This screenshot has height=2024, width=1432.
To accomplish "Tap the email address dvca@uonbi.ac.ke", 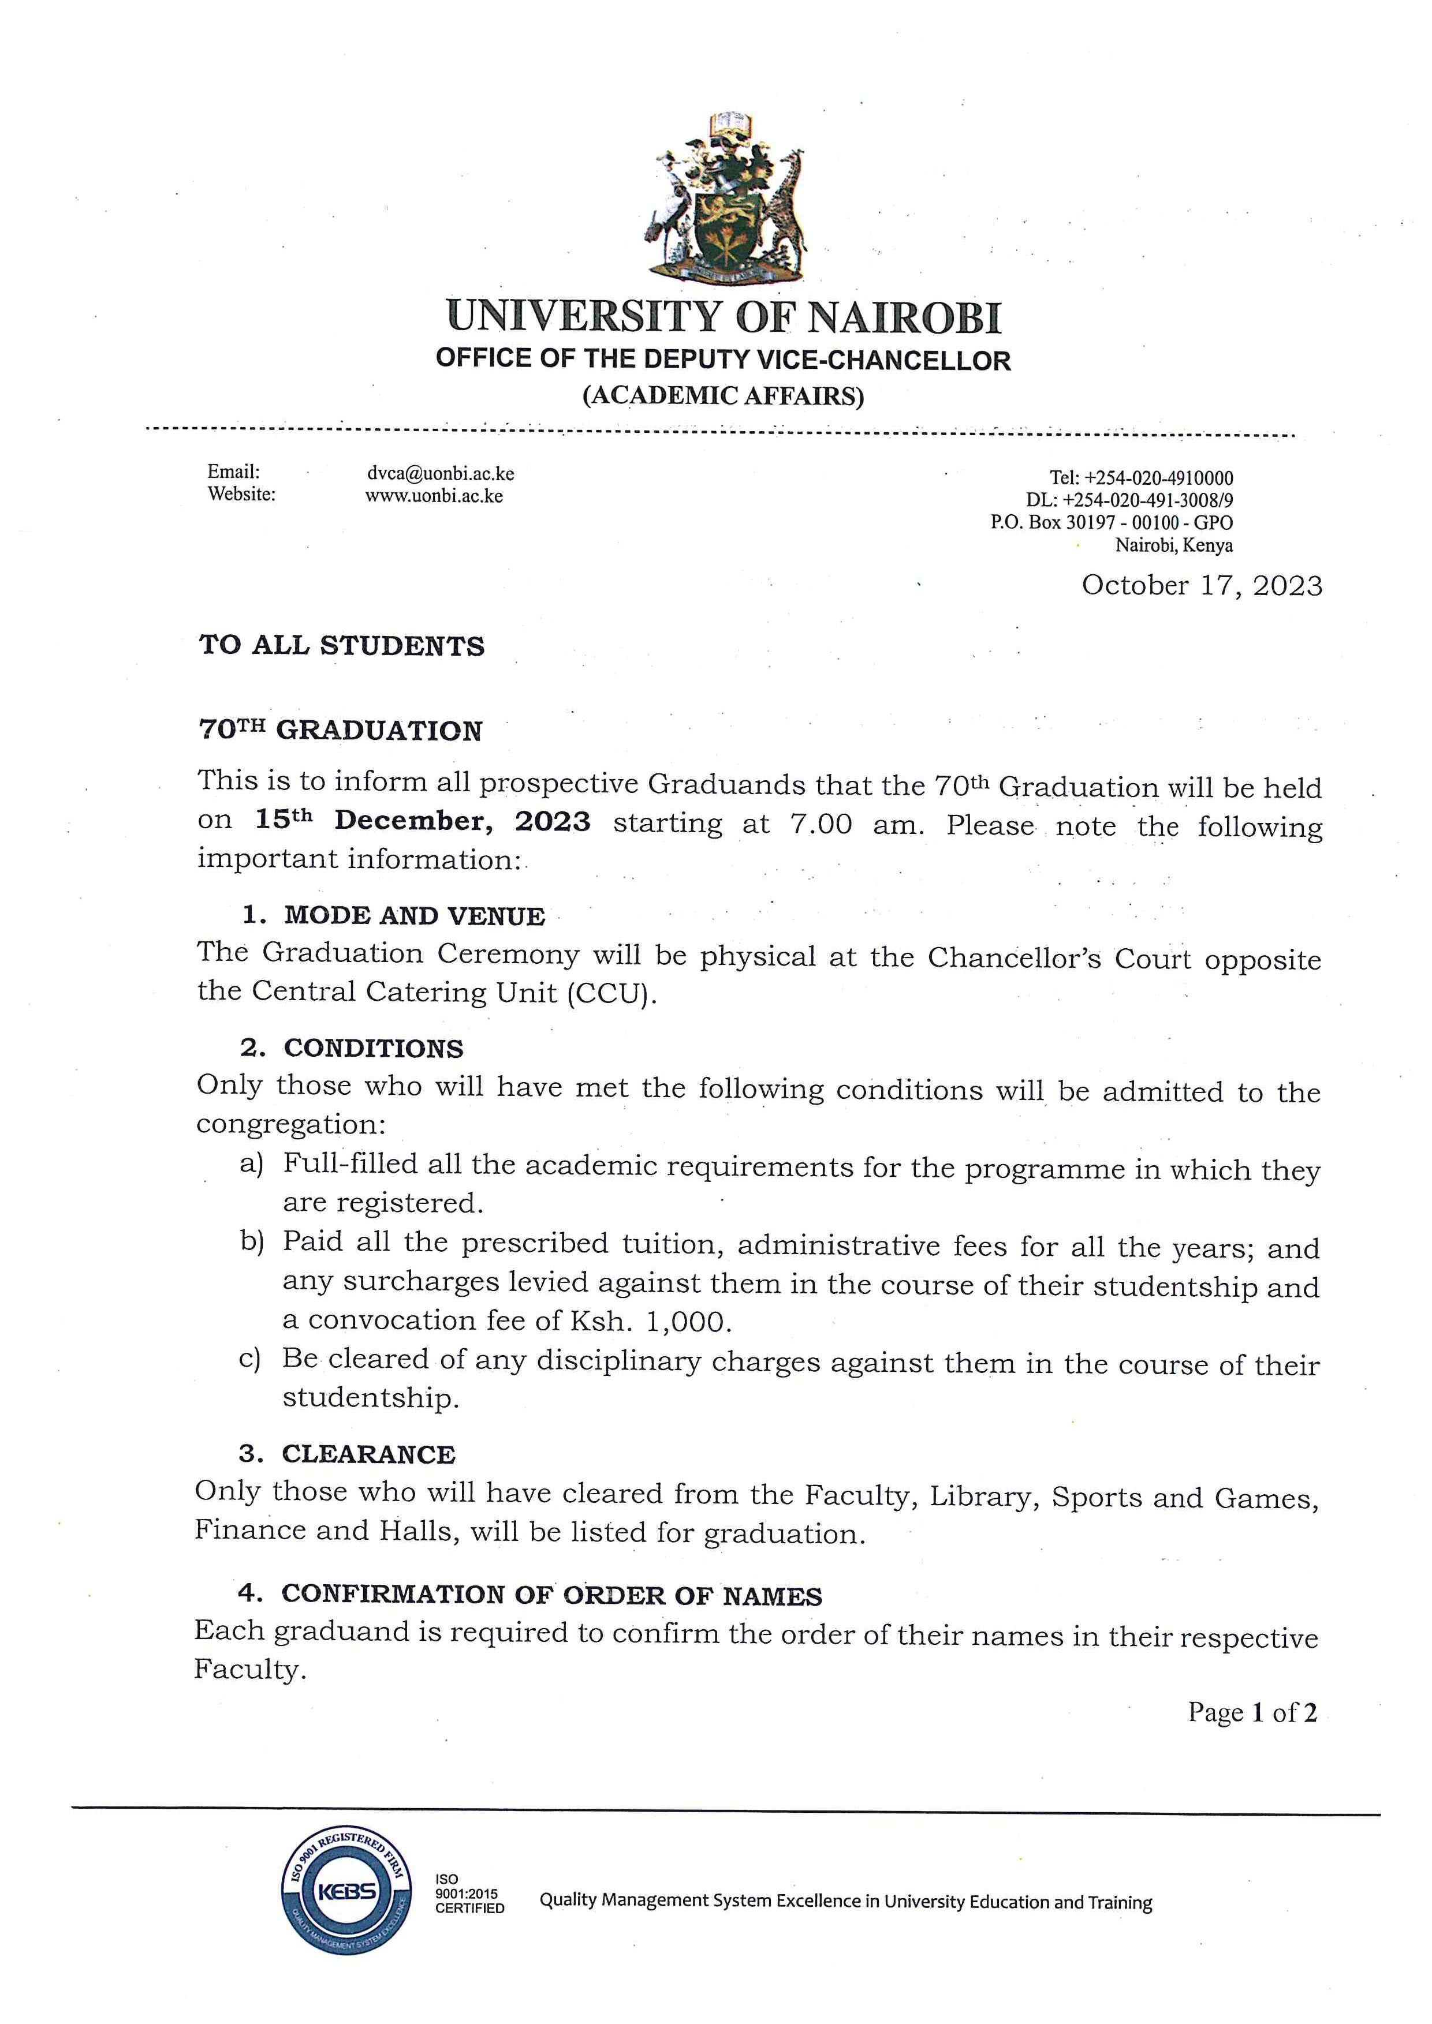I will [440, 473].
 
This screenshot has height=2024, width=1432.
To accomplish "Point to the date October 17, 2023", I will [1202, 586].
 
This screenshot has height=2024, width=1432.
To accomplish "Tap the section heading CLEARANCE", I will [368, 1454].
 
